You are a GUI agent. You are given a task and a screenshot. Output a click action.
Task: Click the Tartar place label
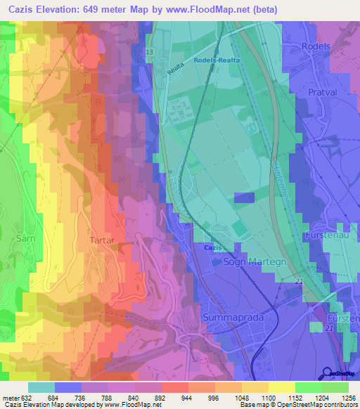102,240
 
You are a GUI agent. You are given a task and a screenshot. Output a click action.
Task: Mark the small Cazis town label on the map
214,248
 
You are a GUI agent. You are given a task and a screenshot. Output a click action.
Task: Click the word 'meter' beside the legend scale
9,397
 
